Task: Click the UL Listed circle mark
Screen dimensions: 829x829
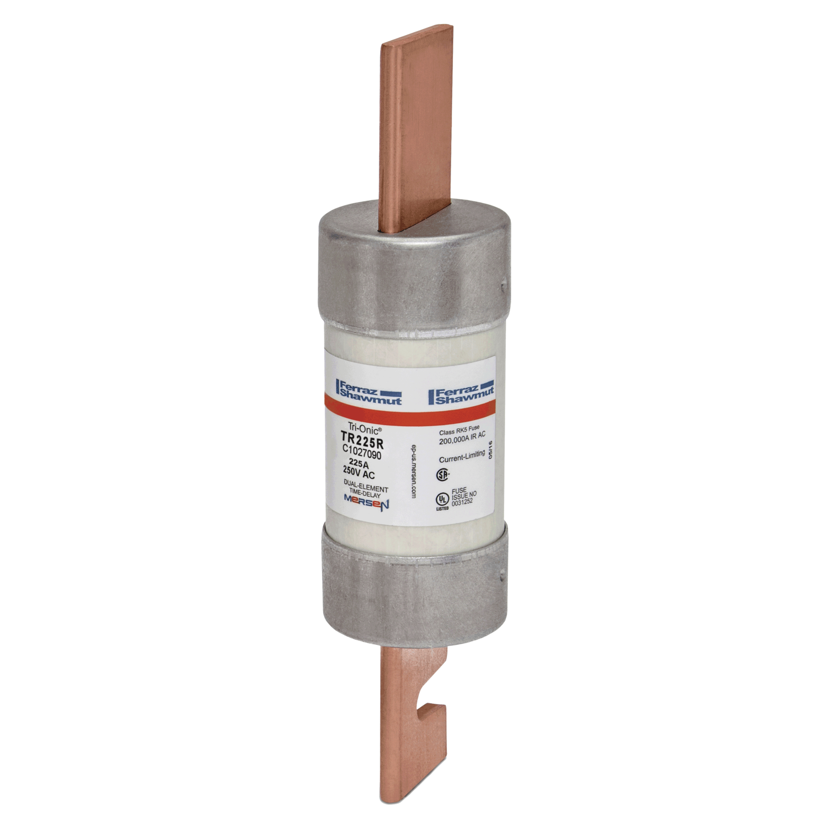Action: coord(442,500)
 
